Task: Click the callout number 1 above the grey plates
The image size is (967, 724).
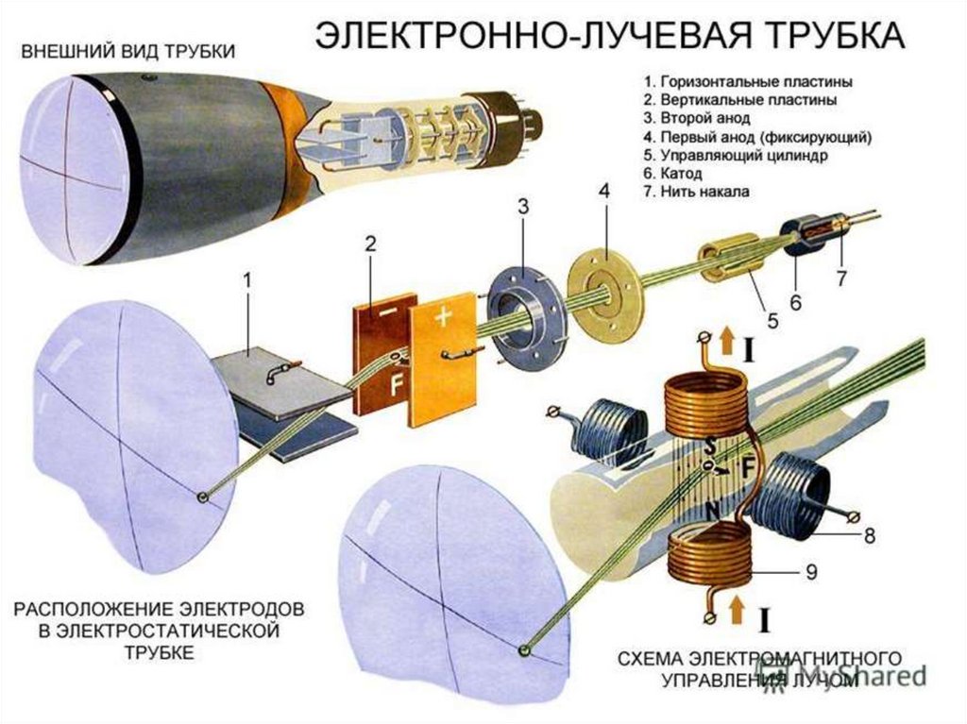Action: click(247, 280)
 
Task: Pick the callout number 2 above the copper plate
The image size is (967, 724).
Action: click(371, 244)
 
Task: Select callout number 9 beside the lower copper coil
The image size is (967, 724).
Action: click(811, 571)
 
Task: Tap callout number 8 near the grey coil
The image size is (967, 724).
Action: click(869, 535)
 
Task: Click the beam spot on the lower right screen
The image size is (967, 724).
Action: click(524, 650)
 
